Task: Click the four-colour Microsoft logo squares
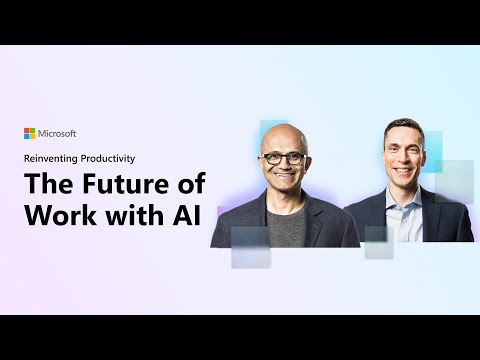[30, 133]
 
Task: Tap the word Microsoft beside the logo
[57, 133]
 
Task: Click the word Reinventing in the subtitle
[53, 157]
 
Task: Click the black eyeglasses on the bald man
[284, 157]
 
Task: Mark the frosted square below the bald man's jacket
[250, 247]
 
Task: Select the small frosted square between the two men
[378, 242]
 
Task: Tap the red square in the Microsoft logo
[27, 130]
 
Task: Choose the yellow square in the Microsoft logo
[33, 136]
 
